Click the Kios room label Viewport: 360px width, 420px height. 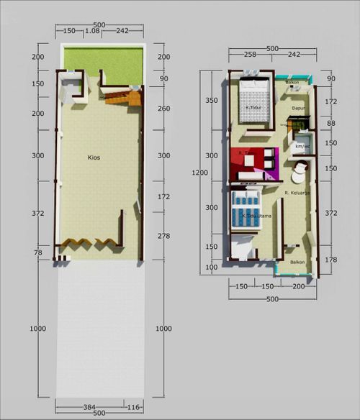[x=94, y=156]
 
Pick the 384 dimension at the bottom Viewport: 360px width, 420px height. [x=89, y=406]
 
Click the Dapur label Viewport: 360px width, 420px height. [x=299, y=109]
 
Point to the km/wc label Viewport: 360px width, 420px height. [x=302, y=146]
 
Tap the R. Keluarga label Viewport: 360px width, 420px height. [x=297, y=193]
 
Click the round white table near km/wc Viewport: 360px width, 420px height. [x=297, y=175]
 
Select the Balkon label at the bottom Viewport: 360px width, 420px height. [x=297, y=262]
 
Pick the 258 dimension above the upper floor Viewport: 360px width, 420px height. [x=250, y=55]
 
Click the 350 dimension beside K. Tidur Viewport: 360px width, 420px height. [x=212, y=101]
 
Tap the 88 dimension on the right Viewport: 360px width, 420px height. [x=331, y=123]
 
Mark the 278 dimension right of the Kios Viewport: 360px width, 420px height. [x=163, y=237]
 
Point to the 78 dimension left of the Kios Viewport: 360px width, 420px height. [x=38, y=252]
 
